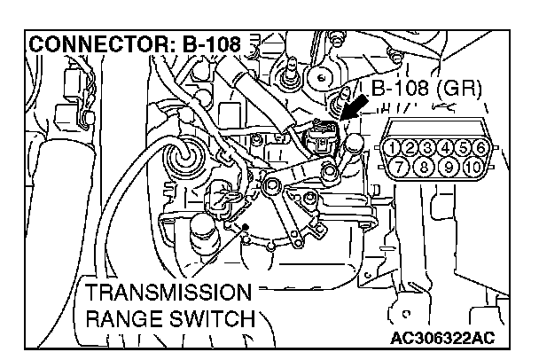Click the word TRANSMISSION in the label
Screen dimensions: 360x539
[162, 293]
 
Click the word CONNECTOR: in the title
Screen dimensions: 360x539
[90, 43]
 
